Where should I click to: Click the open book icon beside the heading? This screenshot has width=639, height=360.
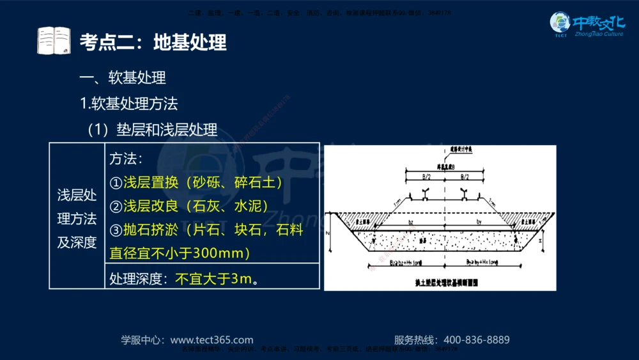[x=54, y=41]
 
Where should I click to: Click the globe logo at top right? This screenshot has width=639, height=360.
[x=560, y=24]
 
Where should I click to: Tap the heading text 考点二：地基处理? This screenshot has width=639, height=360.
[x=153, y=42]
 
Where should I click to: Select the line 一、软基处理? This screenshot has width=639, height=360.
[x=122, y=78]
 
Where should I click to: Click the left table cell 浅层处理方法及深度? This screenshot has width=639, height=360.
[x=77, y=219]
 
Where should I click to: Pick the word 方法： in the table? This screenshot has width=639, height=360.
[x=126, y=159]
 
